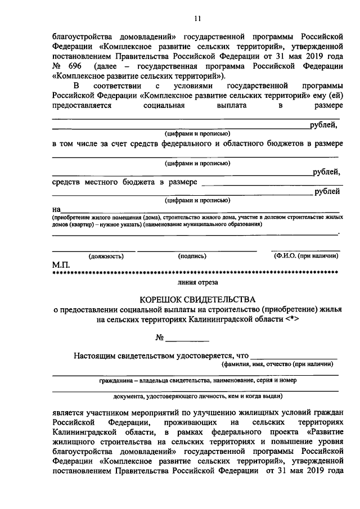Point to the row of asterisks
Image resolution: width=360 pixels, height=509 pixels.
click(x=195, y=273)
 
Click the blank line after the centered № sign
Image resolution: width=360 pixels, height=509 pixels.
click(x=188, y=340)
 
